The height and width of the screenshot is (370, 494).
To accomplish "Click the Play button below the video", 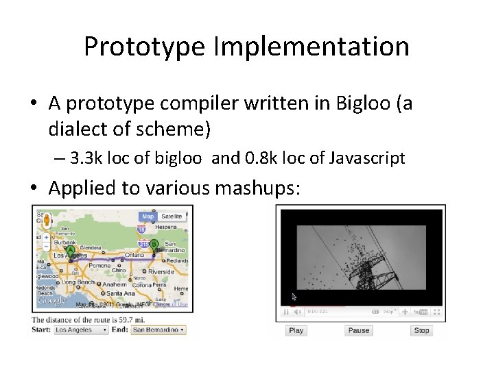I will (x=296, y=330).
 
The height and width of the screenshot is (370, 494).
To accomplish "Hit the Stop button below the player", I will (x=421, y=330).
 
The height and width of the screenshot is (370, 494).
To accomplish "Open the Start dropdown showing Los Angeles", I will (x=81, y=330).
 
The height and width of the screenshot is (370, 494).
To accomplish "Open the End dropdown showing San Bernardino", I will (x=158, y=330).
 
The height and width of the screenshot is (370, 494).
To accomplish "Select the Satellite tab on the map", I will (x=172, y=217).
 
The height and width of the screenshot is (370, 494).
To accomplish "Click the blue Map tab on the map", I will (x=148, y=217).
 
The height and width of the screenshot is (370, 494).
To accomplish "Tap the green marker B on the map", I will (x=154, y=245).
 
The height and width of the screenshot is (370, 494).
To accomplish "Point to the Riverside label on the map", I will (x=162, y=271).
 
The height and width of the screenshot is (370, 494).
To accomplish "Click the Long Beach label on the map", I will (x=78, y=282).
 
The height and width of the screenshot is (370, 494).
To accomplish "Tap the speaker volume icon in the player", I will (x=298, y=311).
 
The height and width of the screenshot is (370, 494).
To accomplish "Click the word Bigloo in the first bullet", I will (x=364, y=103).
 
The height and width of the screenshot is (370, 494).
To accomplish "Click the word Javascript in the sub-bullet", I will (x=367, y=158).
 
